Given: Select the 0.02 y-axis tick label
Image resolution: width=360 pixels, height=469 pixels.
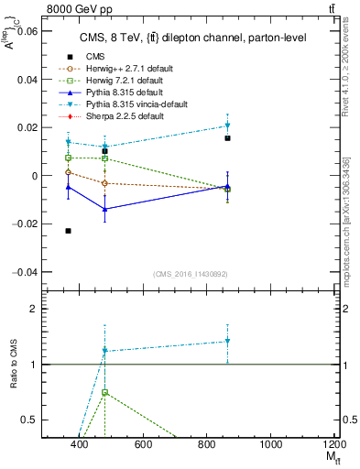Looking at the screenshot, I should tap(26, 127).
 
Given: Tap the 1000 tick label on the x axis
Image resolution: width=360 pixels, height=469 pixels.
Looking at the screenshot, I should tap(271, 445).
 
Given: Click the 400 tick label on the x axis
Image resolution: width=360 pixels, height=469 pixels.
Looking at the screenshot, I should tap(80, 445).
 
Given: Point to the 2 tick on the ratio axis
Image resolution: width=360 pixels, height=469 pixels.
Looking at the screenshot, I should tap(32, 309).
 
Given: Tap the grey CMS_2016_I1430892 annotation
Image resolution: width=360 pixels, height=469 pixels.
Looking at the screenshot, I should tap(190, 274).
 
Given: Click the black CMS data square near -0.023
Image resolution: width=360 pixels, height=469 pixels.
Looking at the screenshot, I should tap(69, 231).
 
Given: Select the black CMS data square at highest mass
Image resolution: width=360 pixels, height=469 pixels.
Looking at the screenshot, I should tap(227, 138).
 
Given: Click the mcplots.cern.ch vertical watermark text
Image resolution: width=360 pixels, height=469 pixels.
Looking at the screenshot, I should tap(353, 211).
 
